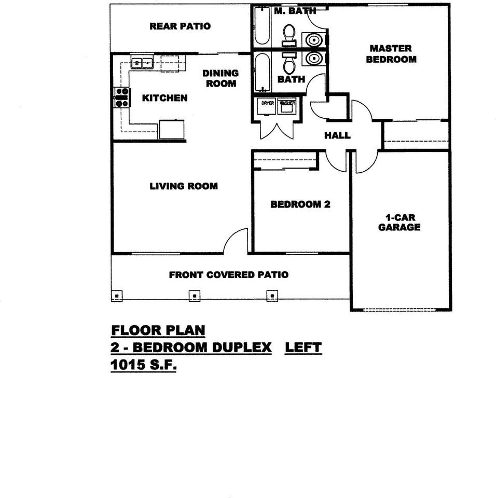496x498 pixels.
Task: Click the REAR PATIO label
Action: coord(180,26)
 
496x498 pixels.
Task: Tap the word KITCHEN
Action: coord(164,98)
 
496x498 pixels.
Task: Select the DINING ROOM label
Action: coord(221,78)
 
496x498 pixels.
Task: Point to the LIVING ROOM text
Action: coord(184,186)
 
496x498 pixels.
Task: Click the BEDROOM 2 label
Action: coord(300,204)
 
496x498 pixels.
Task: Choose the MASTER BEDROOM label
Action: coord(391,54)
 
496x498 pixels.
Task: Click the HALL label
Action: coord(337,135)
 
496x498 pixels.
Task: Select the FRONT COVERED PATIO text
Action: coord(228,274)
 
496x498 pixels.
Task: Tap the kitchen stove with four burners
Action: coord(121,98)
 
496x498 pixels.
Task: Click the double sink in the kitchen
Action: coord(142,63)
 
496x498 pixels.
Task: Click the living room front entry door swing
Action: coord(237,241)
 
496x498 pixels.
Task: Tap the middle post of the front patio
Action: coord(194,296)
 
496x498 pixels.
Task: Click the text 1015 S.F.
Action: coord(144,365)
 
